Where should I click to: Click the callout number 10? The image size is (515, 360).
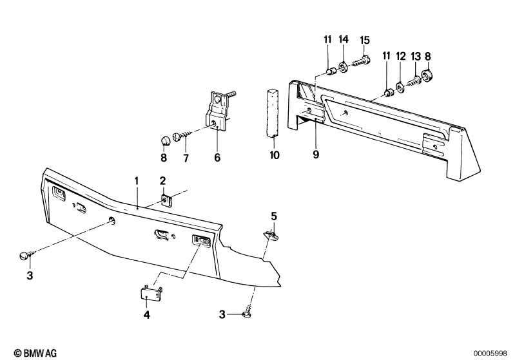[x=275, y=155]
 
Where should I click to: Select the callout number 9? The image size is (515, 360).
[x=315, y=154]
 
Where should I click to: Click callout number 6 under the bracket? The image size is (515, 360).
[x=217, y=157]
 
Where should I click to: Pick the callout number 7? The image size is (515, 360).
[x=186, y=157]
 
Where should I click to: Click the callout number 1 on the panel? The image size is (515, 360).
[x=136, y=180]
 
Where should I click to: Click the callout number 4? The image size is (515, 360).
[x=146, y=315]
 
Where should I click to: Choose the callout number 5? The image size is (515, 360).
[x=273, y=216]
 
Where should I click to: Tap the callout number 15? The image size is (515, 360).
[x=365, y=40]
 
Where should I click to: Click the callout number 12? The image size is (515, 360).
[x=400, y=57]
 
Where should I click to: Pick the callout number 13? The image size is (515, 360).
[x=415, y=57]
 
